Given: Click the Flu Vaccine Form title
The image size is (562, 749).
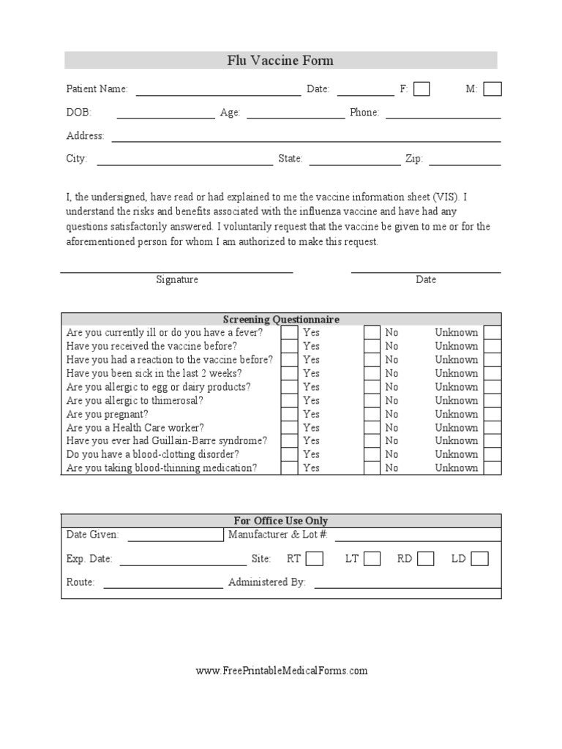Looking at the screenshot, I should pyautogui.click(x=280, y=61).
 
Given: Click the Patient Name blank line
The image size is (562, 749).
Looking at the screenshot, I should pyautogui.click(x=218, y=94).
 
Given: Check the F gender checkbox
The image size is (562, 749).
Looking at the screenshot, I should pyautogui.click(x=421, y=89).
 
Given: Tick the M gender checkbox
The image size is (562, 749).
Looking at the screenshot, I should pyautogui.click(x=492, y=89).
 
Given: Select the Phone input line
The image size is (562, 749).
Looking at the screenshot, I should pyautogui.click(x=443, y=117).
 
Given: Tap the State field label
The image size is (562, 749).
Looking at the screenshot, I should pyautogui.click(x=291, y=159).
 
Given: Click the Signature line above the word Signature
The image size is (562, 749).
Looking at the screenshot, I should pyautogui.click(x=176, y=271).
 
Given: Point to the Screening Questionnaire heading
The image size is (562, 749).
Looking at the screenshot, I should pyautogui.click(x=281, y=320).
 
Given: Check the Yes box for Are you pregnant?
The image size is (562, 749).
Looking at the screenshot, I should pyautogui.click(x=289, y=414).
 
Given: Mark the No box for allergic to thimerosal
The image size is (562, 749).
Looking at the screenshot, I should pyautogui.click(x=372, y=401).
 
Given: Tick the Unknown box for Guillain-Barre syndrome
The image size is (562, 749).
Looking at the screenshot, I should pyautogui.click(x=492, y=441).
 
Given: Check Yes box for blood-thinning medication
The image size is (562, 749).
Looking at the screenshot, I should pyautogui.click(x=289, y=468).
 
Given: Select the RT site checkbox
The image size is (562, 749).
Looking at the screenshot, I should pyautogui.click(x=315, y=560).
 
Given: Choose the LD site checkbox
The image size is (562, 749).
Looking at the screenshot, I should pyautogui.click(x=479, y=560).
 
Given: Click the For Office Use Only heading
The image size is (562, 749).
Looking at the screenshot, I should pyautogui.click(x=281, y=521).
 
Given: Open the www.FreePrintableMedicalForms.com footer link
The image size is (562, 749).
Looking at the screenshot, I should pyautogui.click(x=282, y=671).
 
